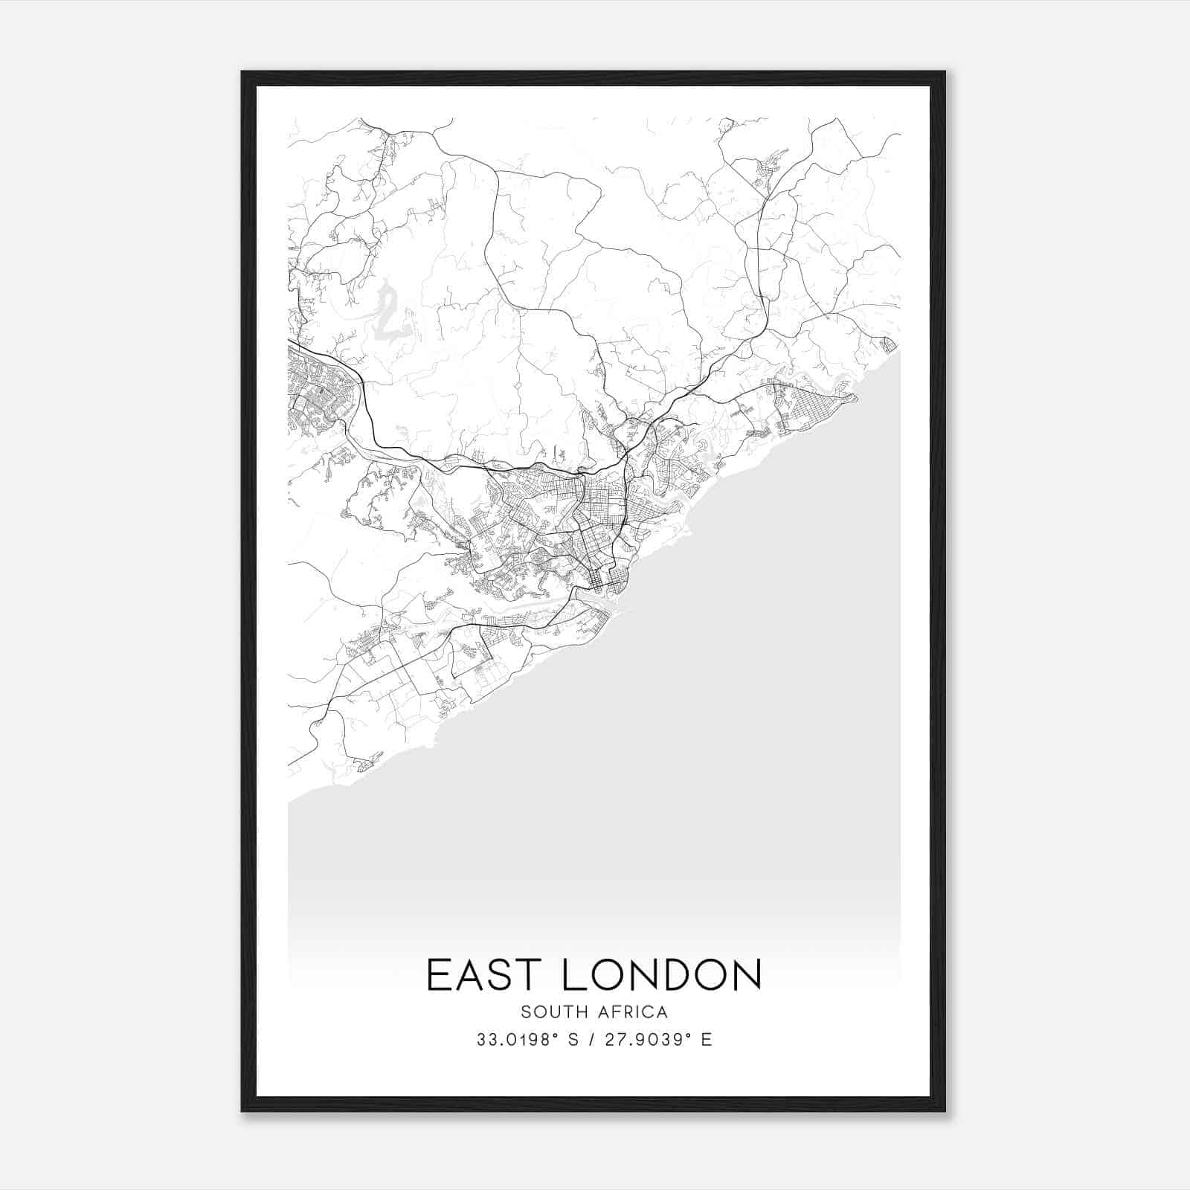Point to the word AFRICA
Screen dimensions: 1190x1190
(x=636, y=1012)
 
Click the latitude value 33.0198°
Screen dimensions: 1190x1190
(x=517, y=1040)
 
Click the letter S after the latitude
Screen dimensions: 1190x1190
(x=573, y=1040)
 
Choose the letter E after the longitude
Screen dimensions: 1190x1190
(x=707, y=1040)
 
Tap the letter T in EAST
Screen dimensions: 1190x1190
(x=529, y=975)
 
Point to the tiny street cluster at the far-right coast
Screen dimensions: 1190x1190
(x=888, y=344)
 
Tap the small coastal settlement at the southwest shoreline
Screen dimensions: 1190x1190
(x=366, y=762)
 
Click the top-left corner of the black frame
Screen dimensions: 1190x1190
(x=243, y=73)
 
